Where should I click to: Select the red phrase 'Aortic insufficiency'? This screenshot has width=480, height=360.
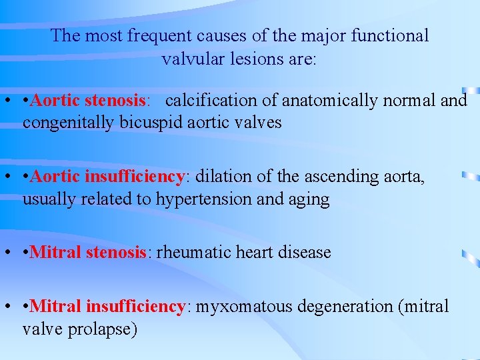coord(107,177)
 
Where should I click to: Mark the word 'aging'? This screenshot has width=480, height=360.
coord(309,199)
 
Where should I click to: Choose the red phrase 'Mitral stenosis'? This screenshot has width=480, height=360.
coord(89,253)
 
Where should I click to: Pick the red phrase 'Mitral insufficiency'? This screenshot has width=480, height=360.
coord(107,307)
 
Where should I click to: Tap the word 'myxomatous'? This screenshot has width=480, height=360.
coord(245,307)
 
